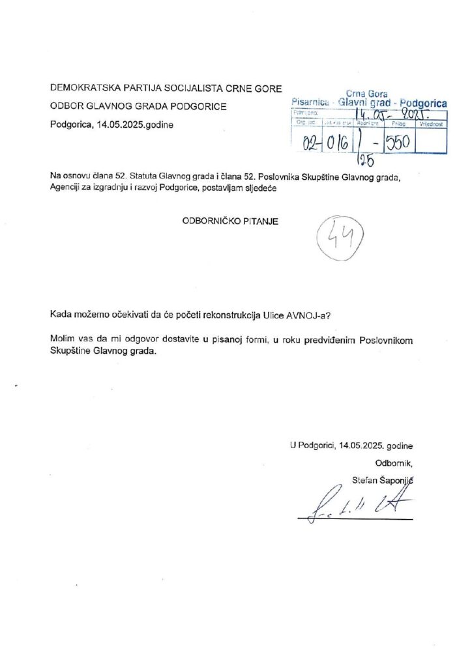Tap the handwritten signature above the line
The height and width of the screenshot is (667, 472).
click(353, 502)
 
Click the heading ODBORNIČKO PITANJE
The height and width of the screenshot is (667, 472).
click(229, 221)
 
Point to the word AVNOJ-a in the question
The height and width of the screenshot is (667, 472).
click(313, 315)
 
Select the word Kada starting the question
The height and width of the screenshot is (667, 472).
click(61, 315)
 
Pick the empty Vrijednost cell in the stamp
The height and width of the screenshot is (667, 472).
click(431, 142)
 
